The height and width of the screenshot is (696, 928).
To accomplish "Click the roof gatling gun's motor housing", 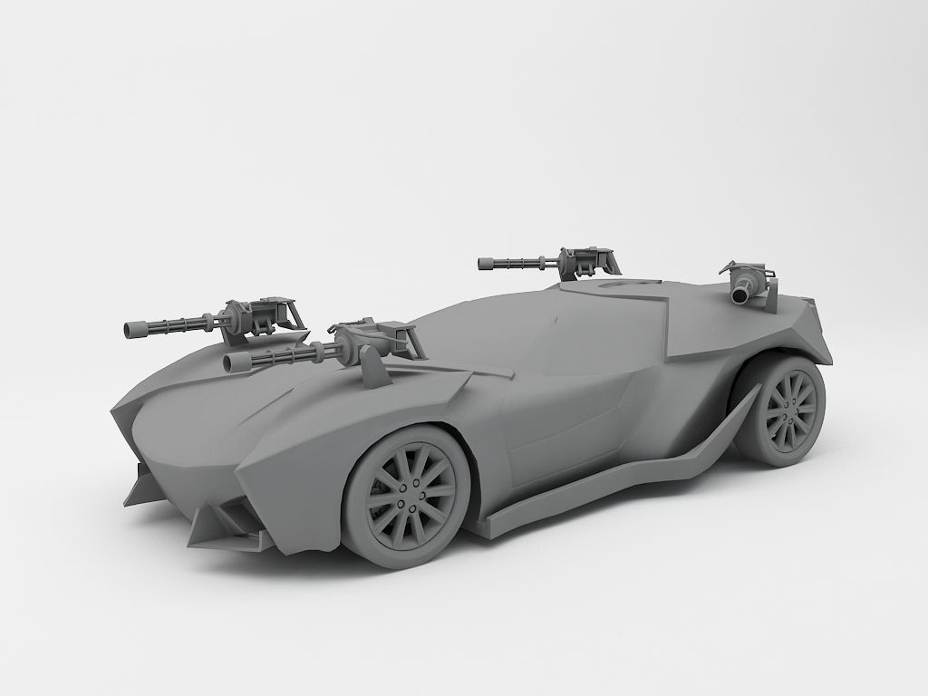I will pyautogui.click(x=580, y=261).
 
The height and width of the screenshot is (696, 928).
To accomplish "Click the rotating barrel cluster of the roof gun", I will pyautogui.click(x=521, y=264).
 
